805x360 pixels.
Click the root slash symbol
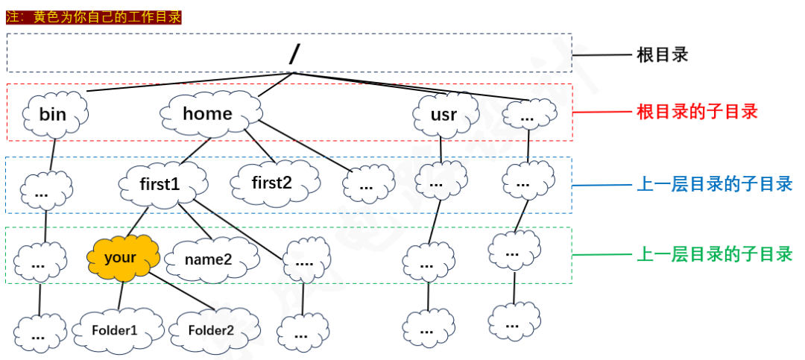(294, 54)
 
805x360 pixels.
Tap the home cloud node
(208, 114)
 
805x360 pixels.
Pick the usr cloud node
(444, 116)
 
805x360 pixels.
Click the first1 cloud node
(160, 183)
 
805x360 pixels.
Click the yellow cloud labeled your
(121, 258)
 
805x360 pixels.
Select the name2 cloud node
(209, 259)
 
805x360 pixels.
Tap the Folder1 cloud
(116, 329)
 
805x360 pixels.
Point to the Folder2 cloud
(211, 329)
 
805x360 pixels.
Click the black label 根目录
(663, 55)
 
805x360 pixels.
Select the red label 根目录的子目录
(698, 112)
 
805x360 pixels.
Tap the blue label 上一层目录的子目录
(714, 183)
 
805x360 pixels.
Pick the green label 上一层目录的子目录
(714, 254)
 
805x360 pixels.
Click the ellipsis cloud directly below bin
(44, 192)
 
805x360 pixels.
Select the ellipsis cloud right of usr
(528, 116)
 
